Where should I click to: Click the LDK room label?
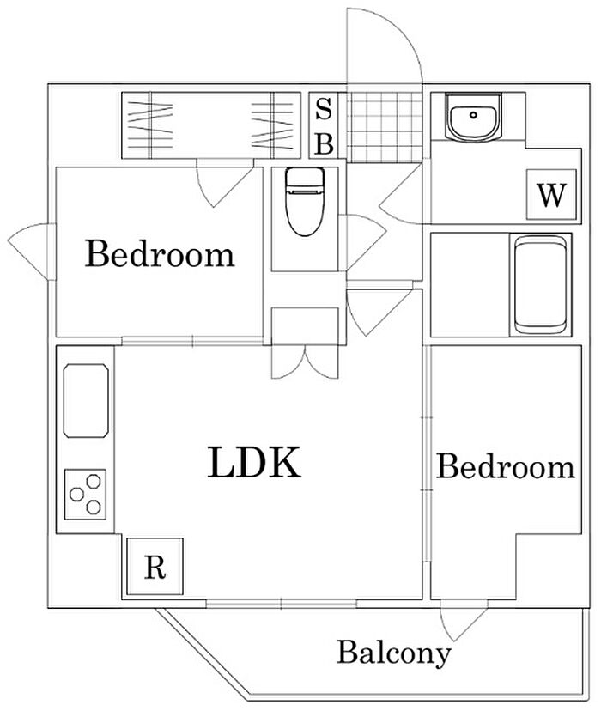(254, 464)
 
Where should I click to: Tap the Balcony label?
(393, 653)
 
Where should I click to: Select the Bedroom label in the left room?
(160, 255)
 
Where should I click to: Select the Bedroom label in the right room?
(505, 468)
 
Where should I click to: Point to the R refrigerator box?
(154, 568)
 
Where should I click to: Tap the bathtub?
(541, 285)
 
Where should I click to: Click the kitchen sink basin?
(87, 400)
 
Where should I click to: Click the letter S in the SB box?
(323, 109)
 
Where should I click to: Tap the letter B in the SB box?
(323, 143)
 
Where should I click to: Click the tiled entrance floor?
(384, 126)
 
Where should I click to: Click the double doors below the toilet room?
(307, 361)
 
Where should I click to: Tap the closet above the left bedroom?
(214, 125)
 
